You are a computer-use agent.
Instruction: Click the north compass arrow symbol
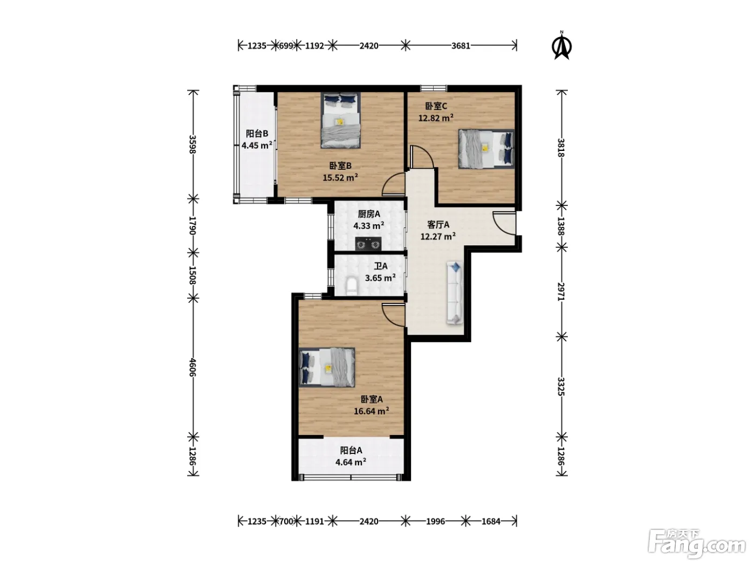[x=561, y=46]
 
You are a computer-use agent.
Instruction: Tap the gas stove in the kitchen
[x=368, y=244]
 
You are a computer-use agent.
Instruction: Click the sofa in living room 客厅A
[x=455, y=293]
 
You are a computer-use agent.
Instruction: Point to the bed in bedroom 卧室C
[x=486, y=149]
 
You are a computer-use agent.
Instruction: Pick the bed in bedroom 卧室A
[x=326, y=368]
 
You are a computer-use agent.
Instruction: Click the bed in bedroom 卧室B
[x=340, y=120]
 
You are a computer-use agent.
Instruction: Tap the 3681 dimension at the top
[x=461, y=46]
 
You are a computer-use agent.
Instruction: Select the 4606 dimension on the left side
[x=193, y=368]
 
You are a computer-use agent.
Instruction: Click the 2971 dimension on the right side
[x=561, y=292]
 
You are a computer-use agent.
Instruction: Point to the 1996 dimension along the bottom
[x=435, y=521]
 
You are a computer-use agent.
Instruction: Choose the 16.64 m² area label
[x=372, y=411]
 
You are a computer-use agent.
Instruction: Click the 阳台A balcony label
[x=351, y=450]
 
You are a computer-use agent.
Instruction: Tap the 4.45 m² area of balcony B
[x=257, y=145]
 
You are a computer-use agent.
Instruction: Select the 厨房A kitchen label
[x=369, y=214]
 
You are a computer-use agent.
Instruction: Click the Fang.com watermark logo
[x=696, y=544]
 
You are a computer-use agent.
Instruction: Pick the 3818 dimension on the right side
[x=561, y=147]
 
